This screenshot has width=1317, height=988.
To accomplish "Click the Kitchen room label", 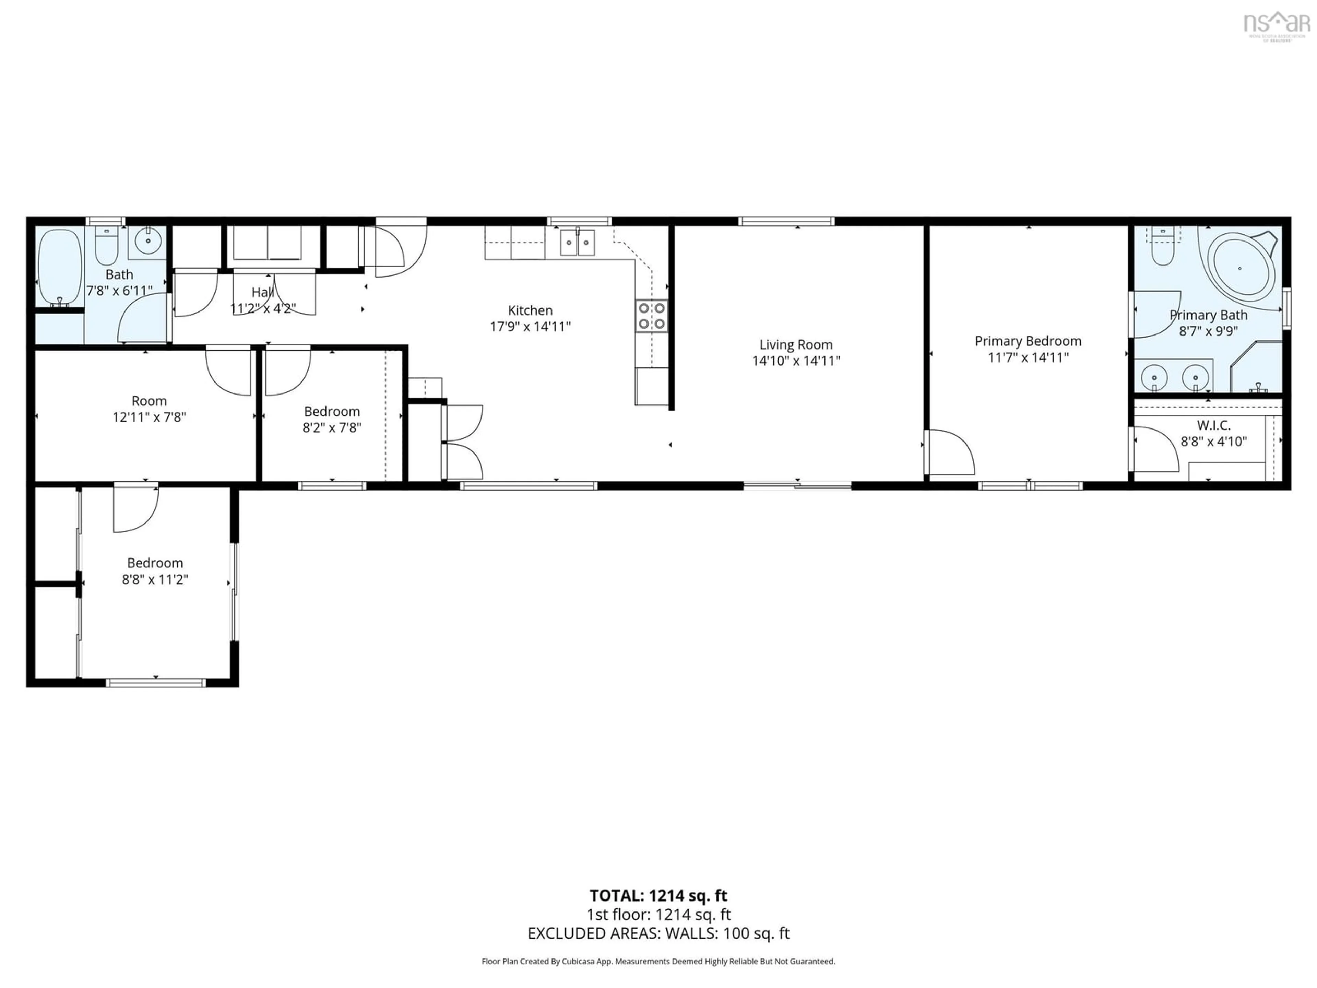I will [530, 310].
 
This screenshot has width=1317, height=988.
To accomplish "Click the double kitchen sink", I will [577, 243].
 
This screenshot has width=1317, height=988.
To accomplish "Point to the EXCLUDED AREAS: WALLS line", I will [658, 933].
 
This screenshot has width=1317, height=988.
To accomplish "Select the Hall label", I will [263, 292].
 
